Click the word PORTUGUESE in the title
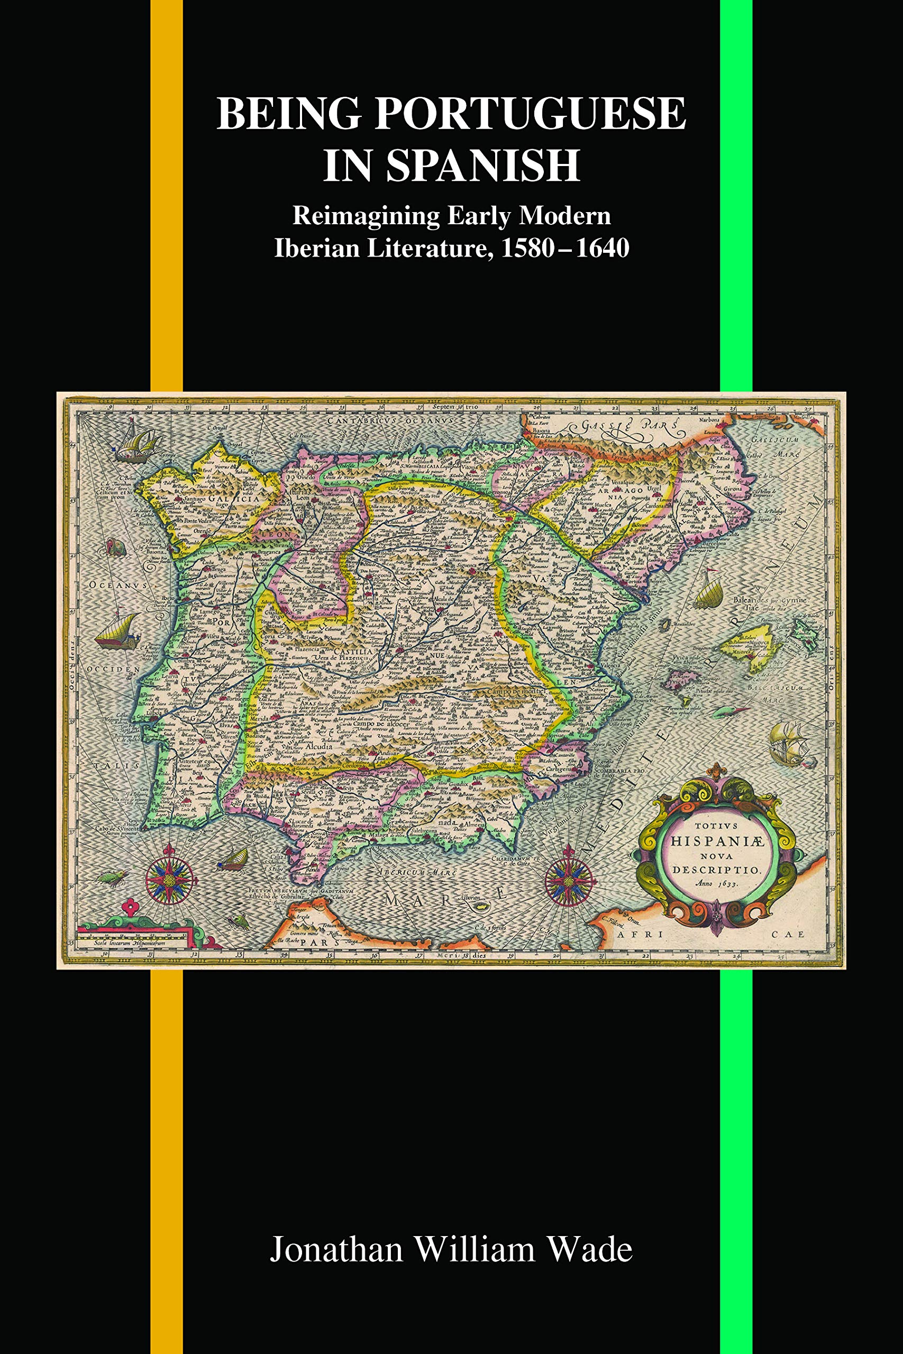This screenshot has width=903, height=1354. (531, 113)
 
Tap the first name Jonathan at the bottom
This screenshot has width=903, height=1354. (336, 1250)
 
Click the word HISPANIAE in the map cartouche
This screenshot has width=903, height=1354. (717, 841)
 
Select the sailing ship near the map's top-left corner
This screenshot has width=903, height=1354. (137, 443)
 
